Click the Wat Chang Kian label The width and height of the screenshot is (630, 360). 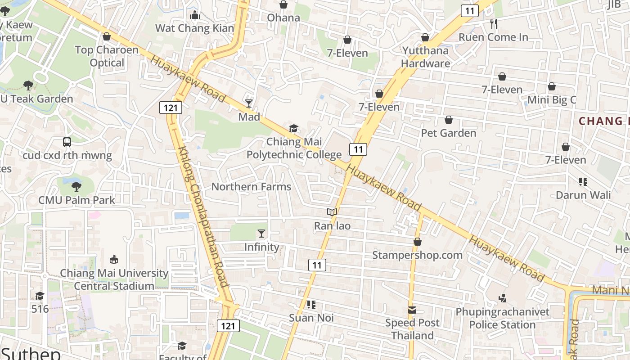pos(194,28)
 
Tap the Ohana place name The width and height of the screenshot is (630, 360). pos(283,18)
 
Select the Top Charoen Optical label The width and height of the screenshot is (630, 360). pos(107,56)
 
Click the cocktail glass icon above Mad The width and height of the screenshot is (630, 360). pos(249,103)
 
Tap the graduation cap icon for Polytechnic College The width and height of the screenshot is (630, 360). pos(293,129)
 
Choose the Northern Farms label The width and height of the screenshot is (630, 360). pos(251,187)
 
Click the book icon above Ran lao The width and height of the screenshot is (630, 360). pos(332,212)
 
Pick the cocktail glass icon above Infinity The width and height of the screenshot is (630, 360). pos(261,233)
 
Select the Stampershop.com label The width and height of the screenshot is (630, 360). pos(417,255)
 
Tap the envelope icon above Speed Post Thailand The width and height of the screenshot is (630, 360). pos(412,310)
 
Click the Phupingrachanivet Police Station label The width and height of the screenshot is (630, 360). pos(502,318)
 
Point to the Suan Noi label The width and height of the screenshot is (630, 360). pos(311,318)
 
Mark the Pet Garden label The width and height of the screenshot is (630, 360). pos(448,133)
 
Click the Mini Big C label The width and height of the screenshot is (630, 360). pos(551,100)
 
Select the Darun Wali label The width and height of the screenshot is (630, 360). pos(583,195)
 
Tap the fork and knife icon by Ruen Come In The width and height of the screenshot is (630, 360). pos(494,23)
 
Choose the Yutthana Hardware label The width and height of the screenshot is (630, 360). pos(425,57)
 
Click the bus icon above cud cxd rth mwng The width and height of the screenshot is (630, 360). pos(67,142)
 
